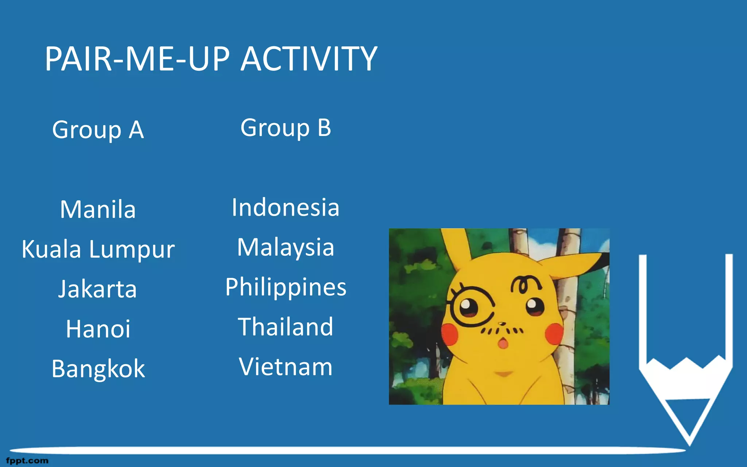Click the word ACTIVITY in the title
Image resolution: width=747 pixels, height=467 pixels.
[309, 59]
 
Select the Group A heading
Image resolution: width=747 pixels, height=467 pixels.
[98, 130]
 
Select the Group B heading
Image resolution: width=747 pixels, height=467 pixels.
[286, 128]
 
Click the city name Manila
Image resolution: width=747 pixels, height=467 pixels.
[98, 210]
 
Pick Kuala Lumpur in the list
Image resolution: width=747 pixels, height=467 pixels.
[98, 250]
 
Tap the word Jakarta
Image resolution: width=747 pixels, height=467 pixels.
[98, 289]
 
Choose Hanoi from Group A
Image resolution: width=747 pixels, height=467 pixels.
[98, 329]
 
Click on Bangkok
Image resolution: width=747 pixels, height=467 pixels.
[98, 369]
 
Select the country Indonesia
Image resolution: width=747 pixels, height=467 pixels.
[286, 208]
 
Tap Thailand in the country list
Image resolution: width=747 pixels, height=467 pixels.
[286, 327]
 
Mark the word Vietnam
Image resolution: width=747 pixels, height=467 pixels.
[286, 367]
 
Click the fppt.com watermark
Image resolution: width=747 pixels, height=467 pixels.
[27, 461]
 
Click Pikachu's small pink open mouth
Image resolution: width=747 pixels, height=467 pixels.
[503, 343]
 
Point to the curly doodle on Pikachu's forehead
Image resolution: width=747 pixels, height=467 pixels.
[525, 284]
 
